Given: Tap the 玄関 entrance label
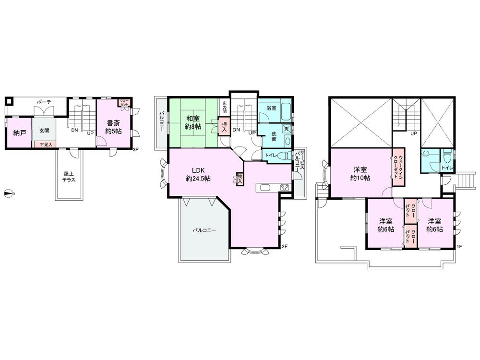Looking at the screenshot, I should click(44, 130).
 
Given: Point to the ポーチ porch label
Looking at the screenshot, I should click(44, 102).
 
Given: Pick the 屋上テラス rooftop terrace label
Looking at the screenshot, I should click(68, 177).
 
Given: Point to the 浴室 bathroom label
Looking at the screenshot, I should click(271, 108).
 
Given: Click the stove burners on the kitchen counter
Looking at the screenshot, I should click(284, 188).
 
